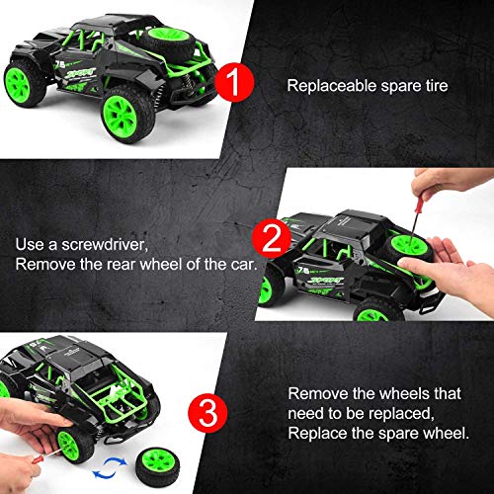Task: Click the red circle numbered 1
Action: coord(234,82)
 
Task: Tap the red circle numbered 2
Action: coord(272,238)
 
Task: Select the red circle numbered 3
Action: coord(207,413)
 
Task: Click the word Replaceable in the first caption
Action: coord(332,86)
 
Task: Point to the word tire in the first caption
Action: coord(437,86)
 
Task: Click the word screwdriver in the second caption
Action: coord(105,245)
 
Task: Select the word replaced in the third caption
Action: coord(401,413)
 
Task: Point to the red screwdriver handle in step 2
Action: coord(419,204)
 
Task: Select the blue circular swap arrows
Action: coord(110,468)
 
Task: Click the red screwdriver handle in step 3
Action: coord(38,459)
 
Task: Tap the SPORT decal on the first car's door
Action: coord(80,73)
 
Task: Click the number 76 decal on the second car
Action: coord(303,271)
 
